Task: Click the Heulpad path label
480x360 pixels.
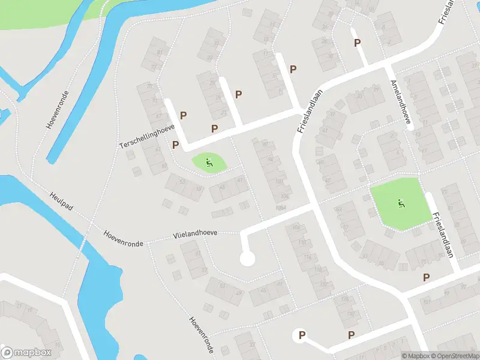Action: click(x=61, y=201)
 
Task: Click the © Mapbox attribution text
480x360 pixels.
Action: click(x=416, y=356)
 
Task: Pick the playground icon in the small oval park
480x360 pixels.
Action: click(x=209, y=161)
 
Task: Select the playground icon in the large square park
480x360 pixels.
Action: click(x=401, y=203)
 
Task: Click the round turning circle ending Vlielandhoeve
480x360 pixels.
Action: click(x=247, y=259)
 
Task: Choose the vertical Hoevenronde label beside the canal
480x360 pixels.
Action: click(x=58, y=110)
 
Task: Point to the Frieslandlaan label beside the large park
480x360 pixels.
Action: click(x=442, y=235)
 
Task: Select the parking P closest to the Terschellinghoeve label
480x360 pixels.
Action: click(x=176, y=145)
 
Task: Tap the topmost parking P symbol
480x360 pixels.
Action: click(x=358, y=43)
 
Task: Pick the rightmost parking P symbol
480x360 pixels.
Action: click(x=427, y=277)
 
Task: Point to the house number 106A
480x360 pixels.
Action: click(x=281, y=207)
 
